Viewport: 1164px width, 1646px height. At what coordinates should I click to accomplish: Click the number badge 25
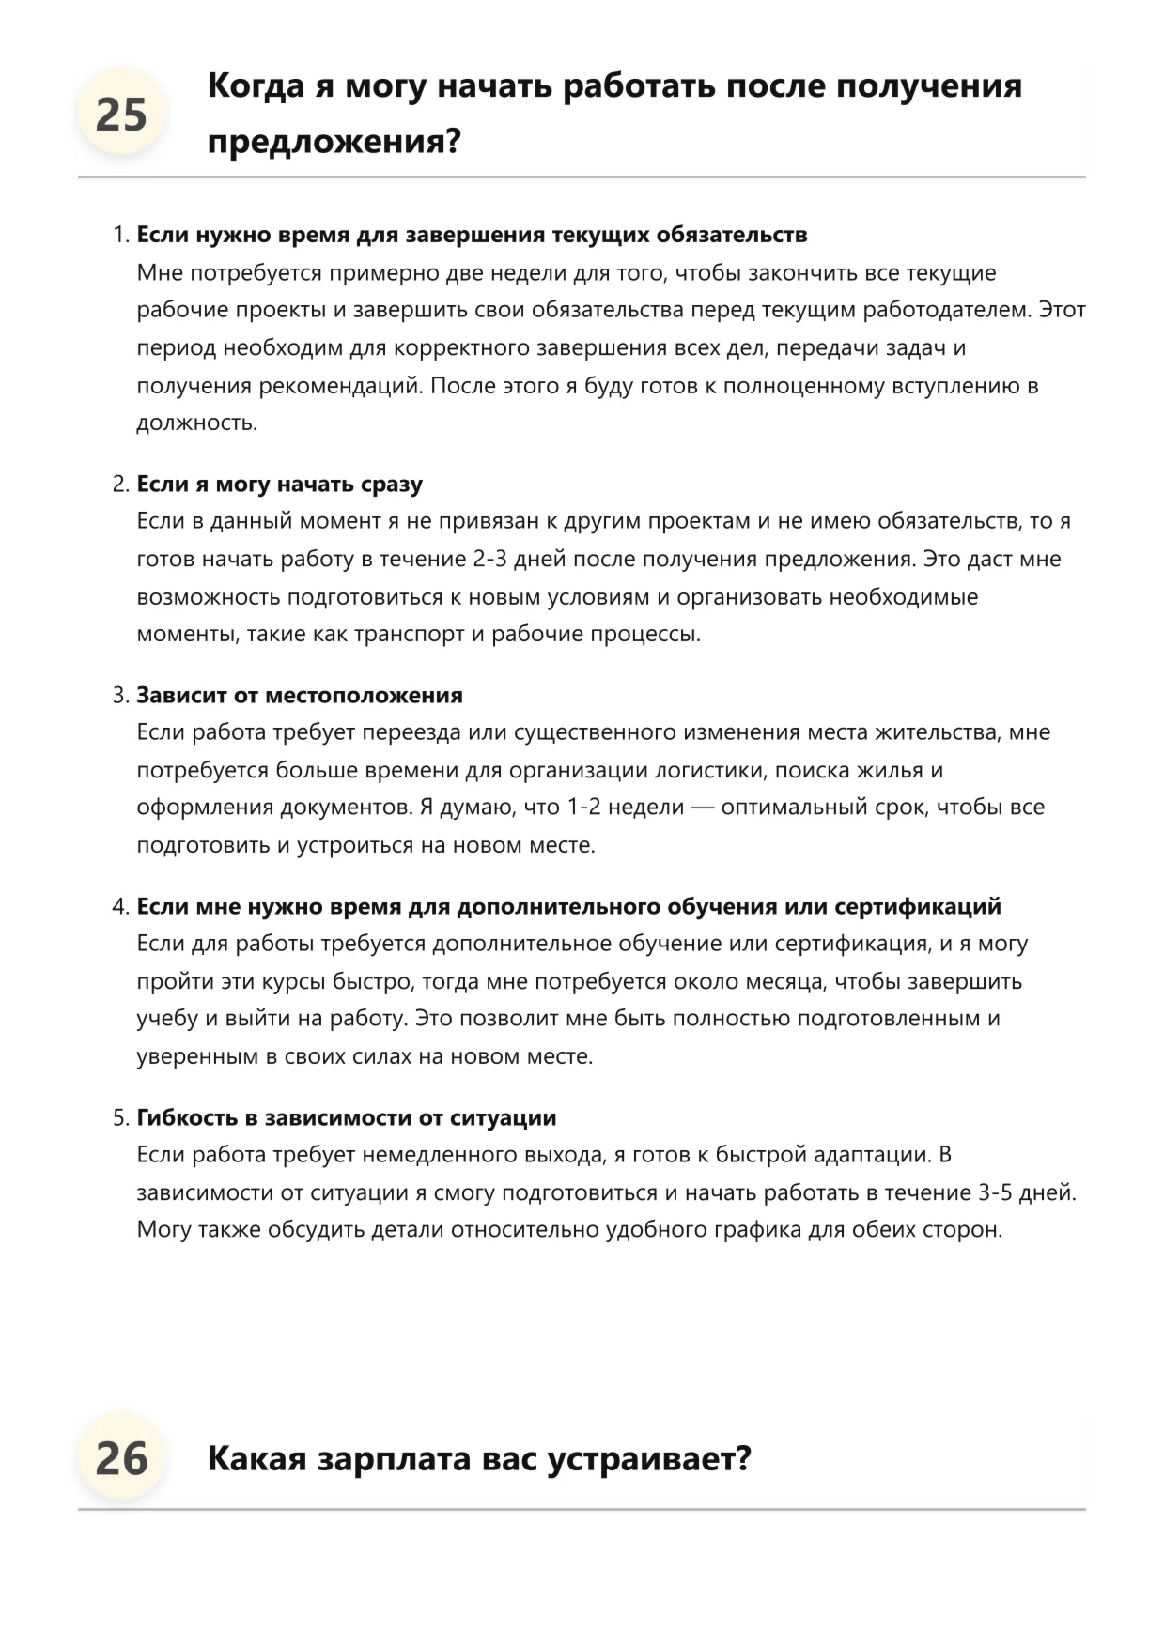(x=121, y=115)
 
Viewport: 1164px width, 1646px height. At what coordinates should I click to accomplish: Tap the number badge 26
(x=121, y=1458)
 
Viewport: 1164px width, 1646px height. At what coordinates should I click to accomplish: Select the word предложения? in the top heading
(x=334, y=143)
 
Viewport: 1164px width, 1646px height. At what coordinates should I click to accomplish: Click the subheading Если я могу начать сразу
(x=279, y=485)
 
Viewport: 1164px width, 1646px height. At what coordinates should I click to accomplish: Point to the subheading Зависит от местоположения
(x=300, y=696)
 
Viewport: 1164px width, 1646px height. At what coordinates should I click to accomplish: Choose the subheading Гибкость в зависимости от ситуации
(x=347, y=1118)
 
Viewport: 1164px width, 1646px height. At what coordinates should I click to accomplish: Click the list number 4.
(x=119, y=907)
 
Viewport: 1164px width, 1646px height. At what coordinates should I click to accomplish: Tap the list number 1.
(x=119, y=235)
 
